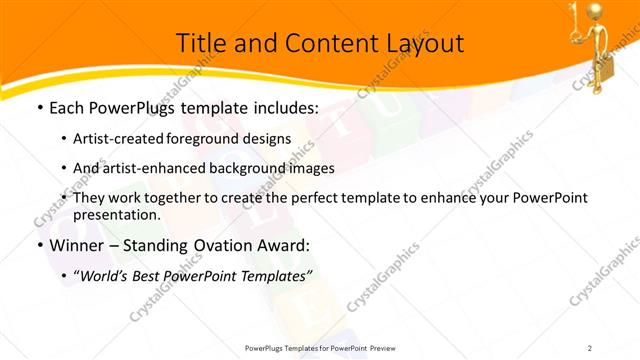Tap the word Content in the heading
(312, 44)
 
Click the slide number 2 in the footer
(590, 347)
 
